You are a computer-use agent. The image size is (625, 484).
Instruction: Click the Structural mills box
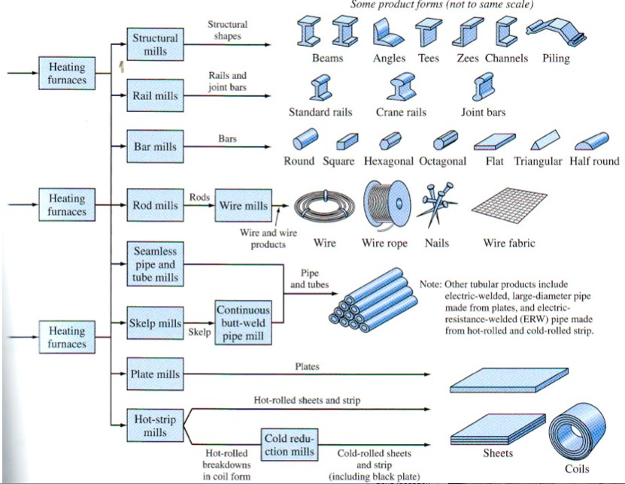tap(156, 44)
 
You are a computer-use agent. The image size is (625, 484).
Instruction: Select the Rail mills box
tap(156, 95)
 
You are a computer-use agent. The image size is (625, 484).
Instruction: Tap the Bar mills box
tap(156, 147)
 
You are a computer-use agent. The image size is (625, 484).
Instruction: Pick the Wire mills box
tap(244, 205)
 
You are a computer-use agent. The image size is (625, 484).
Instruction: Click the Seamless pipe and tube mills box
tap(156, 264)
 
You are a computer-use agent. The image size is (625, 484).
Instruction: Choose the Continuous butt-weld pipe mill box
tap(244, 322)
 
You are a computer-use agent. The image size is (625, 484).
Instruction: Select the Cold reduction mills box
tap(290, 445)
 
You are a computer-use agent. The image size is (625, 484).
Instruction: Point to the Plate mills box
tap(156, 374)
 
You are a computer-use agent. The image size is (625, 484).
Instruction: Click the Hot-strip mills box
tap(156, 425)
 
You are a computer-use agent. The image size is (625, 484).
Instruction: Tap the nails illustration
tap(437, 204)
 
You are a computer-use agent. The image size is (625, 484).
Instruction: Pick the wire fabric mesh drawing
tap(509, 206)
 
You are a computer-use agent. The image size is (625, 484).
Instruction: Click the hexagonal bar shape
tap(390, 141)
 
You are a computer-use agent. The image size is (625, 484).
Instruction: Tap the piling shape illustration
tap(556, 31)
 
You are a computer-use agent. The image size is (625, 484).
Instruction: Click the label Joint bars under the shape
tap(483, 112)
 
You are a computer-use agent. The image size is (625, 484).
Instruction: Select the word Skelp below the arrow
tap(199, 332)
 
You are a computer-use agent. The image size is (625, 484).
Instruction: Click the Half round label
tap(594, 161)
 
